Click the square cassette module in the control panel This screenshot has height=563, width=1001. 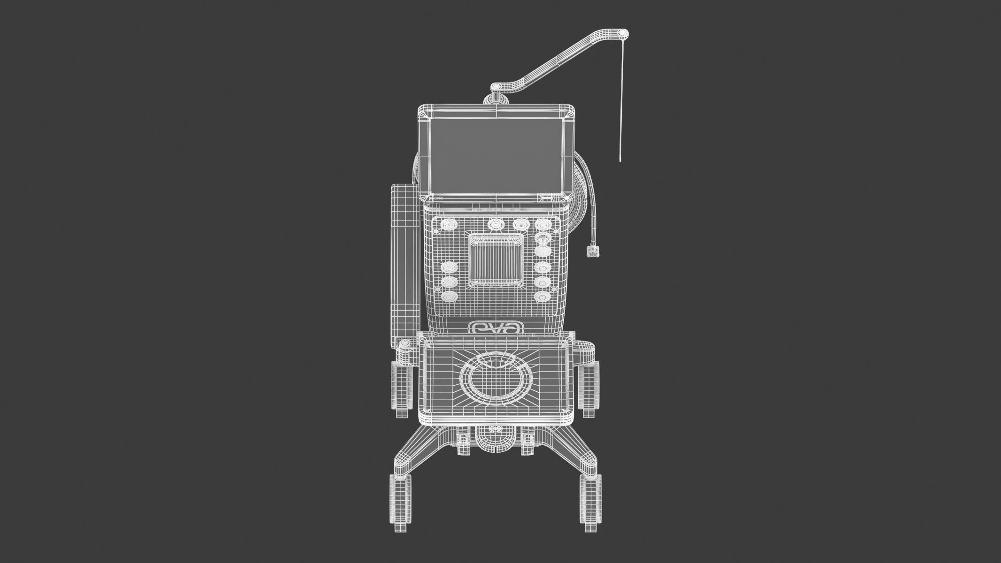(x=496, y=261)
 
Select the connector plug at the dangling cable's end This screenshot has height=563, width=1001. (x=593, y=251)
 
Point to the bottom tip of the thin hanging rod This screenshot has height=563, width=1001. (x=620, y=160)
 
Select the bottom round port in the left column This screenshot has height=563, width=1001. (x=449, y=297)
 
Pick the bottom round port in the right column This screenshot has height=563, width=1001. (x=542, y=297)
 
